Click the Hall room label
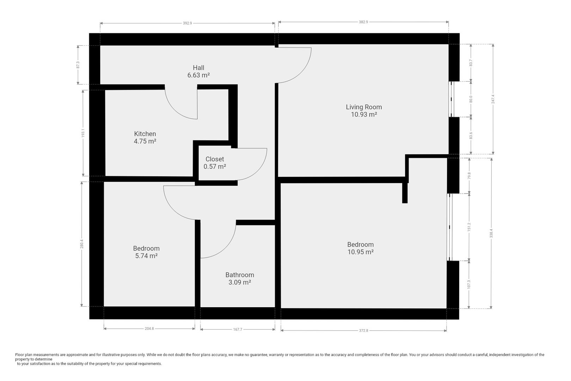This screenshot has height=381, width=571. (198, 68)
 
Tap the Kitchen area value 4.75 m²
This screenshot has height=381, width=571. (145, 141)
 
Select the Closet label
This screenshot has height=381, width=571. (215, 159)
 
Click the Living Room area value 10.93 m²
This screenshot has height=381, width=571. (364, 114)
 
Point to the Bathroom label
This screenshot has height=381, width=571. (240, 275)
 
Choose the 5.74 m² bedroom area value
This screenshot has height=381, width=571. (146, 256)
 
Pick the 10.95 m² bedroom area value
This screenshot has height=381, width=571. (361, 252)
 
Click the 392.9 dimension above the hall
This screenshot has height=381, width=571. (188, 23)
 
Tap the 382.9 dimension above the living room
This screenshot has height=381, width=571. (363, 22)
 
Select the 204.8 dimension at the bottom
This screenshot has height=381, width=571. (149, 329)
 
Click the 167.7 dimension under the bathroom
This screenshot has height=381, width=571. (238, 329)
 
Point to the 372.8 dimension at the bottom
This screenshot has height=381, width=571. (364, 331)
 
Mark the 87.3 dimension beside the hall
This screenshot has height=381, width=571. (78, 65)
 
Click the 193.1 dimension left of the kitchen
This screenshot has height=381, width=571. (83, 133)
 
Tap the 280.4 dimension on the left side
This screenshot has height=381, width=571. (81, 244)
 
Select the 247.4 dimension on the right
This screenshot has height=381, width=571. (493, 99)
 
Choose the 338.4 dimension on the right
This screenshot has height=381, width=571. (491, 233)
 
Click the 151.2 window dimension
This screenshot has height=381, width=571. (469, 227)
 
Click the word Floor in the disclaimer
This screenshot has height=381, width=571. (19, 355)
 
